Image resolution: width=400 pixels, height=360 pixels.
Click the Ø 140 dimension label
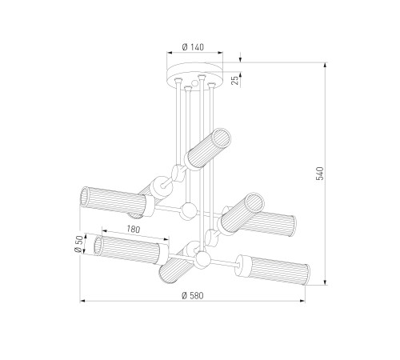click(193, 47)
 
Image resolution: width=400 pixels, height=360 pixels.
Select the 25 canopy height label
click(235, 80)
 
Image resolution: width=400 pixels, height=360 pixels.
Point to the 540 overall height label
click(320, 174)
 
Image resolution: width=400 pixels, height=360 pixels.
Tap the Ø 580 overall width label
click(192, 295)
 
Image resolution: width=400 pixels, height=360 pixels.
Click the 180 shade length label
click(133, 229)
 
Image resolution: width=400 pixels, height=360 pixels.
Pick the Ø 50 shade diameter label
click(78, 244)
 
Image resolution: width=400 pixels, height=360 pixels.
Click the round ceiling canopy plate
click(194, 74)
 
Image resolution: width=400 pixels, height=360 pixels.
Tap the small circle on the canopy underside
click(195, 83)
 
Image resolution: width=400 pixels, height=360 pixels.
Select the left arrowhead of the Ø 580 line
click(82, 301)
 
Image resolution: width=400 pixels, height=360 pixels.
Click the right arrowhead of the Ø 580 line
click(302, 301)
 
